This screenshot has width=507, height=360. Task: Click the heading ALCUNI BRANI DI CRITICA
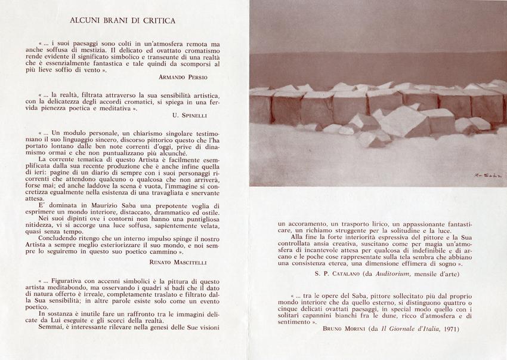click(x=123, y=20)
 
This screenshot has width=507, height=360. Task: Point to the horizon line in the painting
click(x=377, y=54)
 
